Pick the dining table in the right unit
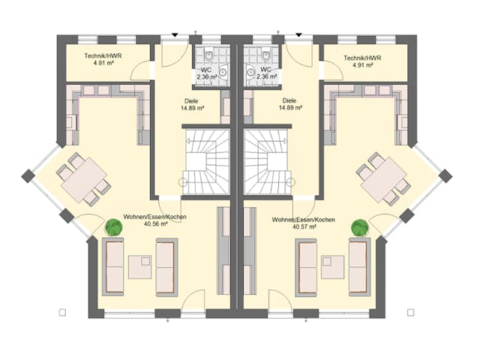[382, 178]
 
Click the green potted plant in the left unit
[114, 226]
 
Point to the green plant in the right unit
[360, 226]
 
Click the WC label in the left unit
[205, 68]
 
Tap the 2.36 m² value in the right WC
[268, 77]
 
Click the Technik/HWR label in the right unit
[362, 58]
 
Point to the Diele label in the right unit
[289, 100]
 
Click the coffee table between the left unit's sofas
[140, 266]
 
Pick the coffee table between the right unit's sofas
[332, 266]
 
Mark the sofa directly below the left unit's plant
[112, 266]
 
